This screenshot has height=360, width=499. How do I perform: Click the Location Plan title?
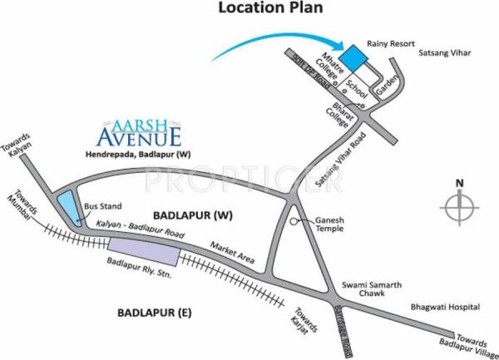point(269,9)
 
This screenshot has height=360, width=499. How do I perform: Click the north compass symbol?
point(460,204)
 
